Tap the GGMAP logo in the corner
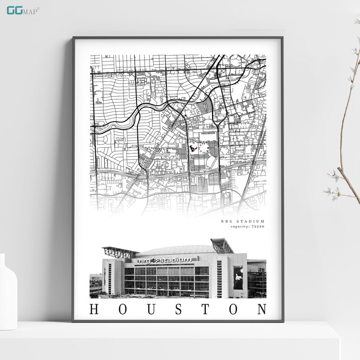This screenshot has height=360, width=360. (23, 10)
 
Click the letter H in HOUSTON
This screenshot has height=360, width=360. (94, 310)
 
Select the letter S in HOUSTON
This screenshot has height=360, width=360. (178, 310)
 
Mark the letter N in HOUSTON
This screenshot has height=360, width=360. (262, 310)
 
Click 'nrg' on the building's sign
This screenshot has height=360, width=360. (144, 260)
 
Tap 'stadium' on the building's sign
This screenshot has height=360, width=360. (175, 260)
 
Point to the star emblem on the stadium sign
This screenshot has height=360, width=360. (155, 260)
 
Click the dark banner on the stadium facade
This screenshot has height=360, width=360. (238, 277)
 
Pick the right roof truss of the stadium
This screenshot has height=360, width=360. (223, 245)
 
